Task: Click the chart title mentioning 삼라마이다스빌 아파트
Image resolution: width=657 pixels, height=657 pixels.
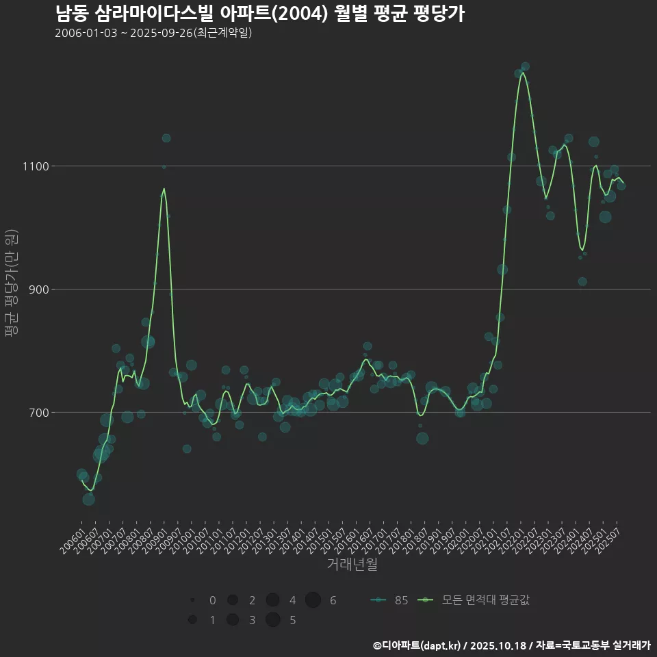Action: pos(260,14)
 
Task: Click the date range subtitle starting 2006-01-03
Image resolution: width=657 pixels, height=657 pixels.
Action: pos(153,33)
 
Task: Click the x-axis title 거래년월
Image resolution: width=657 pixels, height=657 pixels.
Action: pos(352,564)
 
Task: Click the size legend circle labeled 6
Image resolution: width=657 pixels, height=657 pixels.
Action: pos(313,600)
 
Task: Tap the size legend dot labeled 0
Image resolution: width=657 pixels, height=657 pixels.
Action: pos(193,600)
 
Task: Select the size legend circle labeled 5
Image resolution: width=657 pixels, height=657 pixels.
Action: pos(272,620)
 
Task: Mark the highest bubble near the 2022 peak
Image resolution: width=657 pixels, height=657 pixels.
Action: pos(525,66)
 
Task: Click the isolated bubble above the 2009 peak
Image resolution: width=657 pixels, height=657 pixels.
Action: pos(166,138)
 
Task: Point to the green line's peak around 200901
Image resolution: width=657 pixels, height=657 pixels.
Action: pos(164,188)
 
